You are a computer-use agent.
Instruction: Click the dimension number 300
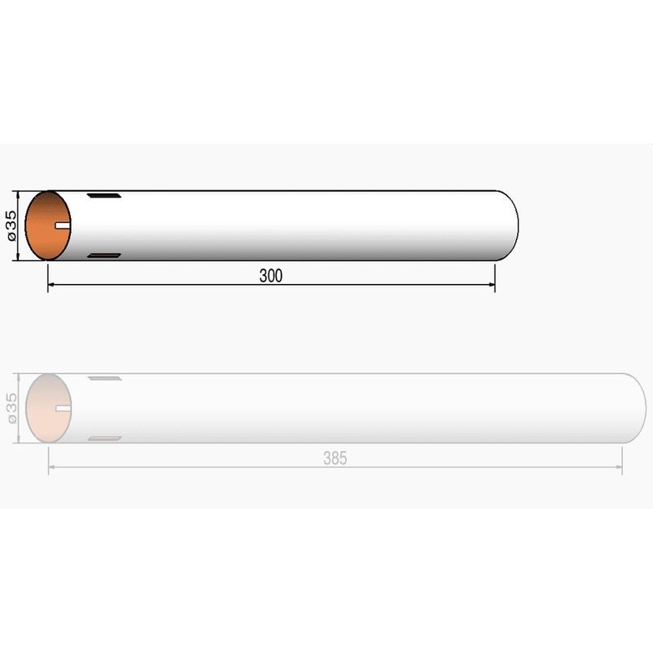pyautogui.click(x=271, y=276)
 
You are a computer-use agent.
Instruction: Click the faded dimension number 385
pyautogui.click(x=335, y=458)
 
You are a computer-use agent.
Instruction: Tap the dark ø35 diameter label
pyautogui.click(x=11, y=226)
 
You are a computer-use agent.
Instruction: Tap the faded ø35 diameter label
pyautogui.click(x=11, y=408)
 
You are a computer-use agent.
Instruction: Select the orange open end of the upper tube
pyautogui.click(x=48, y=225)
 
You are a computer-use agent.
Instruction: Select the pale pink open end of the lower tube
pyautogui.click(x=49, y=408)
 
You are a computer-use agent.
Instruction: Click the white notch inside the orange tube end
pyautogui.click(x=63, y=225)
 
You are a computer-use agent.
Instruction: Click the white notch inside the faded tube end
pyautogui.click(x=64, y=408)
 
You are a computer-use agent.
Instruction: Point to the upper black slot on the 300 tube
pyautogui.click(x=104, y=195)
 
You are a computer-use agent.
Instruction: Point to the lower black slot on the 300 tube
pyautogui.click(x=104, y=255)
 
